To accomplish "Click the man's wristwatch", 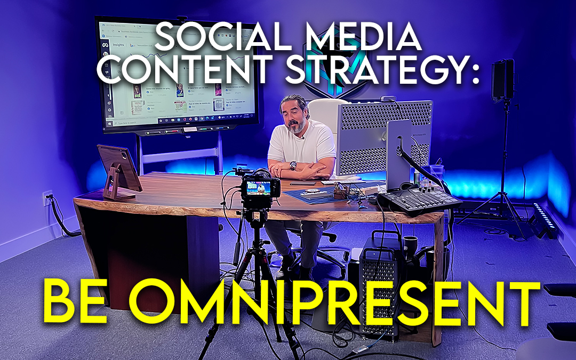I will [x=293, y=165].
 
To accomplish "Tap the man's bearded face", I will [x=294, y=117].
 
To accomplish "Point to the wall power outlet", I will [x=47, y=198].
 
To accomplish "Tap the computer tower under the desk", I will [x=380, y=277].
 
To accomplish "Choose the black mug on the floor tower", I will [x=410, y=243].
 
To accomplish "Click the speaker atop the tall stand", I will [x=502, y=80].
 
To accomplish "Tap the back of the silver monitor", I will [x=398, y=155].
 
